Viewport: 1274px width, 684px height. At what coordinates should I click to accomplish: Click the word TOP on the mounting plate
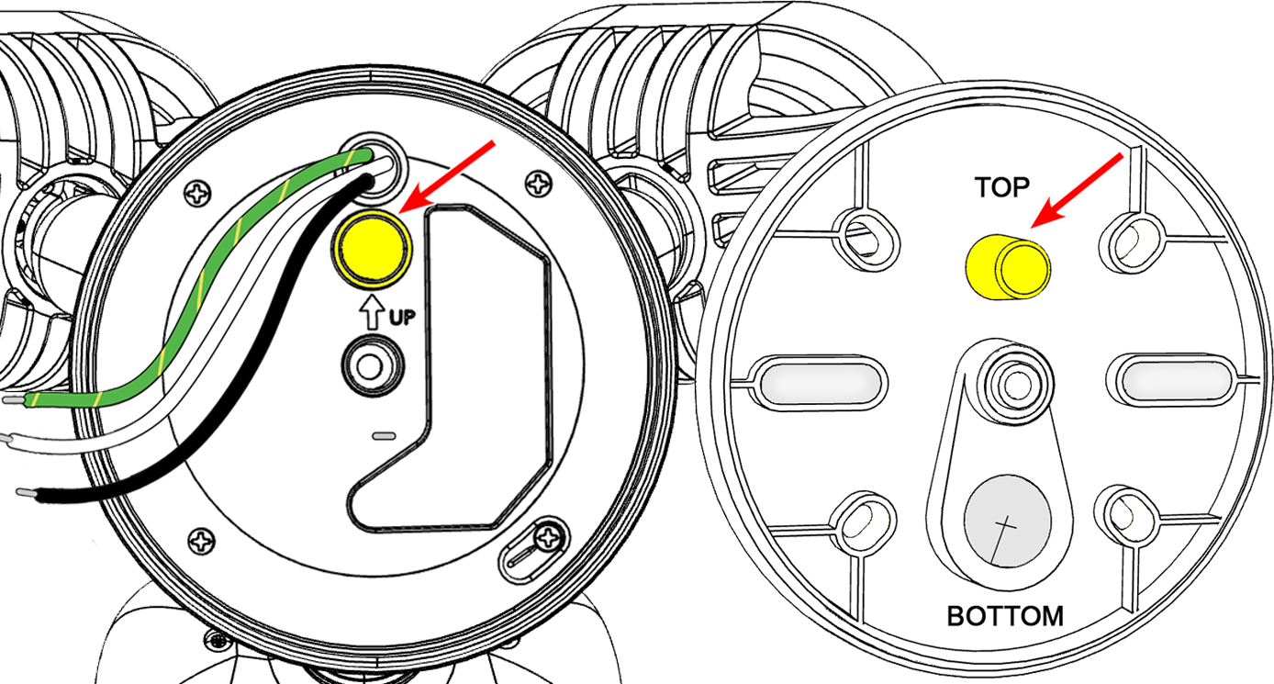tap(1001, 187)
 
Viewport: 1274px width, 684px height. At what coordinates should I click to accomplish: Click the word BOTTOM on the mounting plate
tap(1005, 616)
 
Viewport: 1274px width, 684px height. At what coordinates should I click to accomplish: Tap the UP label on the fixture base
tap(402, 317)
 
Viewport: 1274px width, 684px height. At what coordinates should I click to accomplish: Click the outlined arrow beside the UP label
tap(372, 312)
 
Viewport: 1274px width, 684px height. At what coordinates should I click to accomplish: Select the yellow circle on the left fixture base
tap(372, 248)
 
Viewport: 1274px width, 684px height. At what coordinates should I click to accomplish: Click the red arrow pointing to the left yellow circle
tap(447, 177)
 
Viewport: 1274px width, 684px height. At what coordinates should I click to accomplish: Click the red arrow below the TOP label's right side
tap(1077, 190)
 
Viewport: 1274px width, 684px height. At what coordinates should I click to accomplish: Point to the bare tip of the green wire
tap(14, 400)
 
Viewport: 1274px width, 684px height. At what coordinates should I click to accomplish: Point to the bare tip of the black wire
tap(27, 493)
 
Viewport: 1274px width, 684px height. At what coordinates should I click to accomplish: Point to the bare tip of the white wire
tap(6, 438)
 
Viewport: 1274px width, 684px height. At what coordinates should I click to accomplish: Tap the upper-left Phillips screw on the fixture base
tap(198, 194)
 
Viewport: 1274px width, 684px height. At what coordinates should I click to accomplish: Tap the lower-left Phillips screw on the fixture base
tap(201, 541)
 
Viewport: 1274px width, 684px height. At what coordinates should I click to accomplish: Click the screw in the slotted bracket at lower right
tap(548, 536)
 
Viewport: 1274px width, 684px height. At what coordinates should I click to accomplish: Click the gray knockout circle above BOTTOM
tap(1007, 521)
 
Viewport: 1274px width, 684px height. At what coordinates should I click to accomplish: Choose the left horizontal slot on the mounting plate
tap(819, 382)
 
